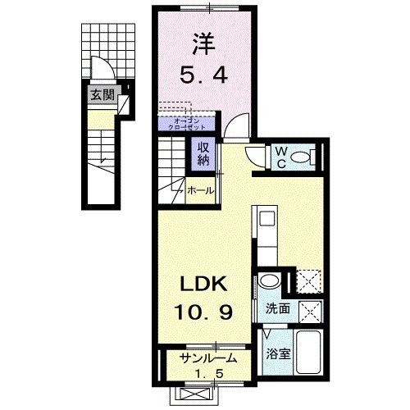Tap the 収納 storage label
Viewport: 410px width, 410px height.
pyautogui.click(x=202, y=153)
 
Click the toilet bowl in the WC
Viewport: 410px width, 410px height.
pyautogui.click(x=301, y=156)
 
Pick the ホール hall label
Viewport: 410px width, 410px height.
pyautogui.click(x=201, y=190)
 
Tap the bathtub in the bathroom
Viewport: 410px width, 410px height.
pyautogui.click(x=307, y=353)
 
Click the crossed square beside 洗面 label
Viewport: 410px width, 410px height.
pyautogui.click(x=309, y=310)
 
